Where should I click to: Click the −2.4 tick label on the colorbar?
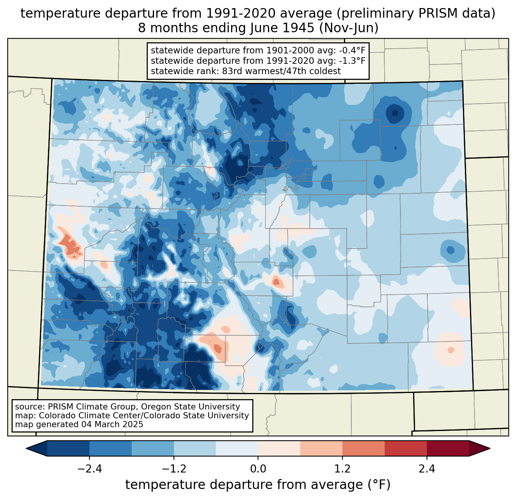[89, 469]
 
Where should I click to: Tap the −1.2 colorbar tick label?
[174, 469]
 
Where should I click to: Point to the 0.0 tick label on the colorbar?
[258, 469]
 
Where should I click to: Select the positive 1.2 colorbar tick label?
[342, 469]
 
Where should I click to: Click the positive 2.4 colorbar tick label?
[427, 469]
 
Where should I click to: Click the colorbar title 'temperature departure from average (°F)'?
[258, 485]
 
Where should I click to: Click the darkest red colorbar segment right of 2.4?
[448, 448]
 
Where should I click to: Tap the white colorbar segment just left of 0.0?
[237, 448]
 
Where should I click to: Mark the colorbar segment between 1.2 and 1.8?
[363, 448]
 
